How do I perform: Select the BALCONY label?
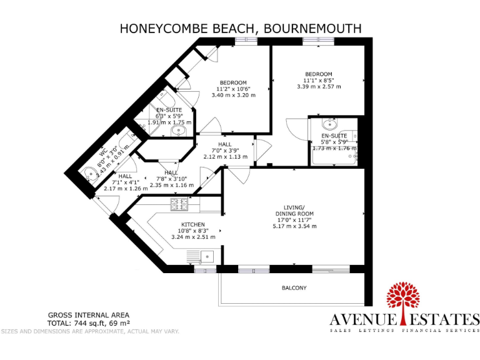[294, 287]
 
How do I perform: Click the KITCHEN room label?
[192, 224]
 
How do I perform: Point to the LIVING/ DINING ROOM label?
[294, 211]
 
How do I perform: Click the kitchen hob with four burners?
[180, 204]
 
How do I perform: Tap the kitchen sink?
[206, 256]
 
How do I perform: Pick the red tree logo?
[405, 301]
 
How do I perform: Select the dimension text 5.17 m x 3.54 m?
[294, 226]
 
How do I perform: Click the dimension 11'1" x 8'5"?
[318, 80]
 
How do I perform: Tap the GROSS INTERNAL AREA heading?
[89, 315]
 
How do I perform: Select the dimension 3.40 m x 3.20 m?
[233, 96]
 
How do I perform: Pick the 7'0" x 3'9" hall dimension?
[224, 150]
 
